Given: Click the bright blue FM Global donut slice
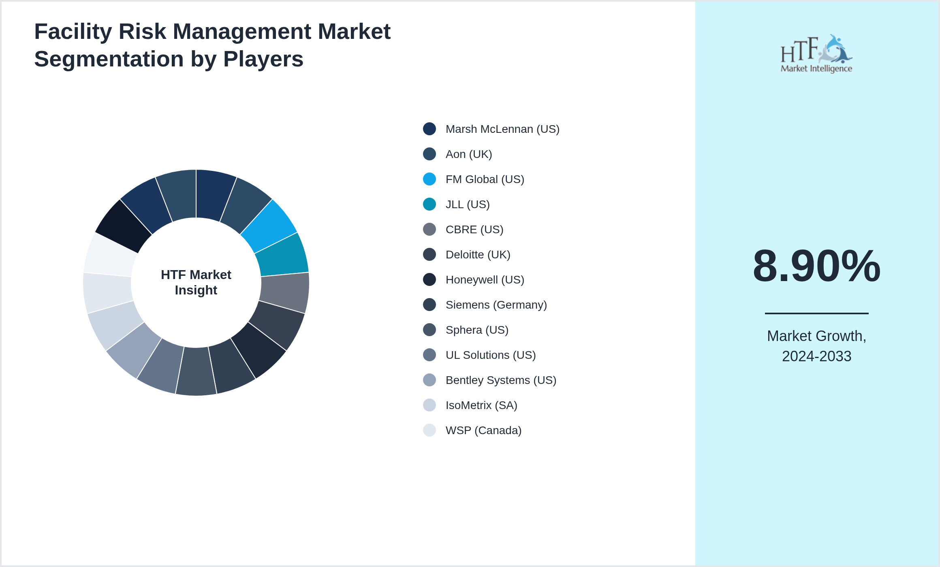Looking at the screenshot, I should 269,226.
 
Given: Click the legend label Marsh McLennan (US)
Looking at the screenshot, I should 502,129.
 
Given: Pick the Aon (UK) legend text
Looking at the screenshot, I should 468,154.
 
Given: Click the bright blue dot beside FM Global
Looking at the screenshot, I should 429,179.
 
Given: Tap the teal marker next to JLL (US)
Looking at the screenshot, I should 429,204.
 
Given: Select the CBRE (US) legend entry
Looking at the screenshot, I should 474,230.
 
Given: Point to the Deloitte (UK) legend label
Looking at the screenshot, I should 478,255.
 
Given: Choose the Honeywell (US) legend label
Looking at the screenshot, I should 485,280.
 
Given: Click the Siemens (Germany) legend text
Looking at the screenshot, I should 496,305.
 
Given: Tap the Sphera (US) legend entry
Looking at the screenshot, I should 476,330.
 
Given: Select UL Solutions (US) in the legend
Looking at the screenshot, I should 490,355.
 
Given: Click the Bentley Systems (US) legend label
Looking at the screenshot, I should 500,380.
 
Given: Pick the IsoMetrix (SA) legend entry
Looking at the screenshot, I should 481,405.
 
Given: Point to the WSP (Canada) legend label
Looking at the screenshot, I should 483,431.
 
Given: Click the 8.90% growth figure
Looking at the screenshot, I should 816,266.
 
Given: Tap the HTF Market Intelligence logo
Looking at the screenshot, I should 816,54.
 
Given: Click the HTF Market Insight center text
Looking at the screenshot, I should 196,282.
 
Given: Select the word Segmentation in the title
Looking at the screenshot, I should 109,59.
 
